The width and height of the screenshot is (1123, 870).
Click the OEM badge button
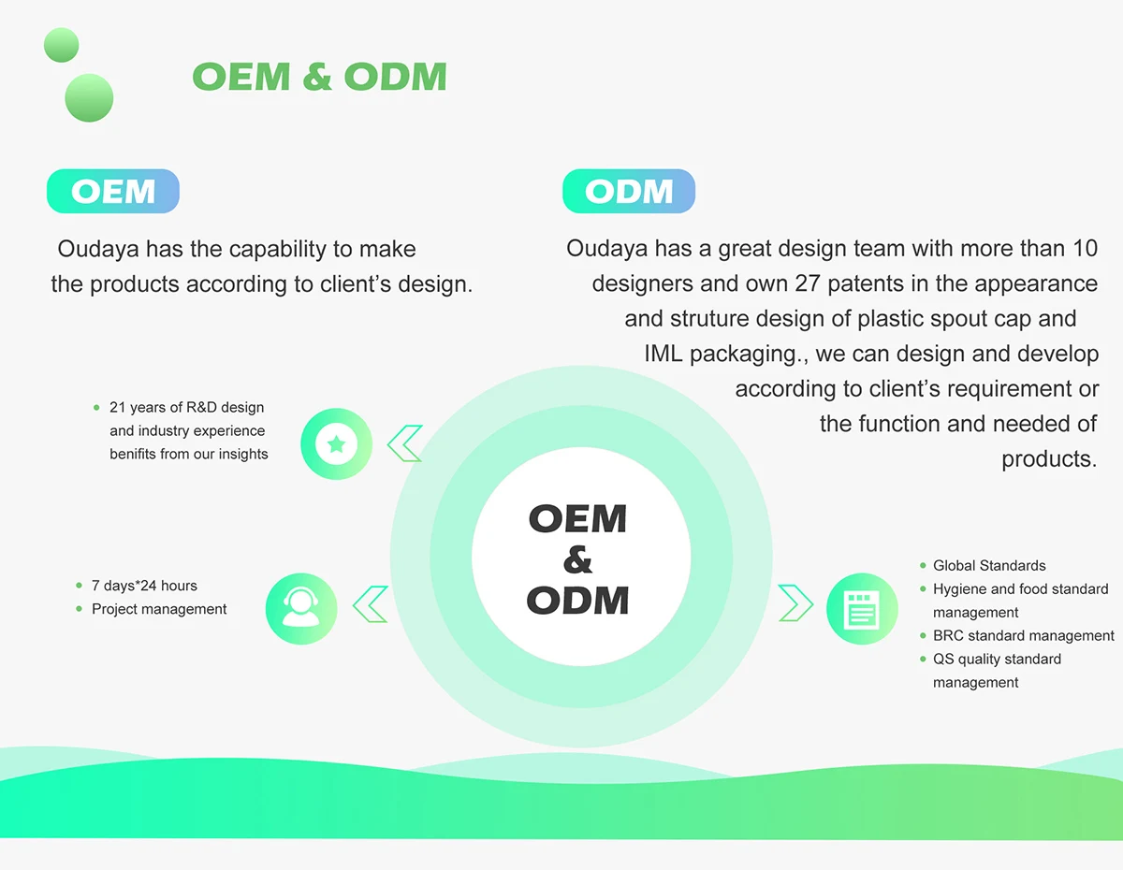click(x=112, y=192)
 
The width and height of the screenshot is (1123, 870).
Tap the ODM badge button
click(x=628, y=192)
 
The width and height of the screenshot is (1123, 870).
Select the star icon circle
click(x=337, y=444)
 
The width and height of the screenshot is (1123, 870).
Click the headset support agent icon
click(x=301, y=608)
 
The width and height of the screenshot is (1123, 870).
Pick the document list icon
click(x=862, y=608)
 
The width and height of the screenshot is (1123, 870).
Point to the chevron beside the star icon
click(x=405, y=443)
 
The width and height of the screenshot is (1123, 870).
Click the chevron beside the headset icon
click(x=371, y=604)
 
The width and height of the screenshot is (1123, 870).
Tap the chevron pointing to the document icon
click(x=795, y=603)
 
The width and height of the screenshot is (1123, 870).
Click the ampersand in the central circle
click(x=578, y=560)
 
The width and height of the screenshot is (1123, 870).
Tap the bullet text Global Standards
click(x=989, y=566)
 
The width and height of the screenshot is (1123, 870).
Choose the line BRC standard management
click(x=1023, y=636)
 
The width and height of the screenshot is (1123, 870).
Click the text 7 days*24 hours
click(x=144, y=586)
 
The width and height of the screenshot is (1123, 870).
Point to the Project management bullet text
click(x=159, y=609)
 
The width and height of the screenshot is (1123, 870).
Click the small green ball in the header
click(x=62, y=45)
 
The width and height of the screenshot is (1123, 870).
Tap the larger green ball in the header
click(x=89, y=97)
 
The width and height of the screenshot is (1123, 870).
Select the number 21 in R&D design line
click(x=117, y=408)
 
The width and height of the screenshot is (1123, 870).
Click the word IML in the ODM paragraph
click(x=664, y=354)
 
